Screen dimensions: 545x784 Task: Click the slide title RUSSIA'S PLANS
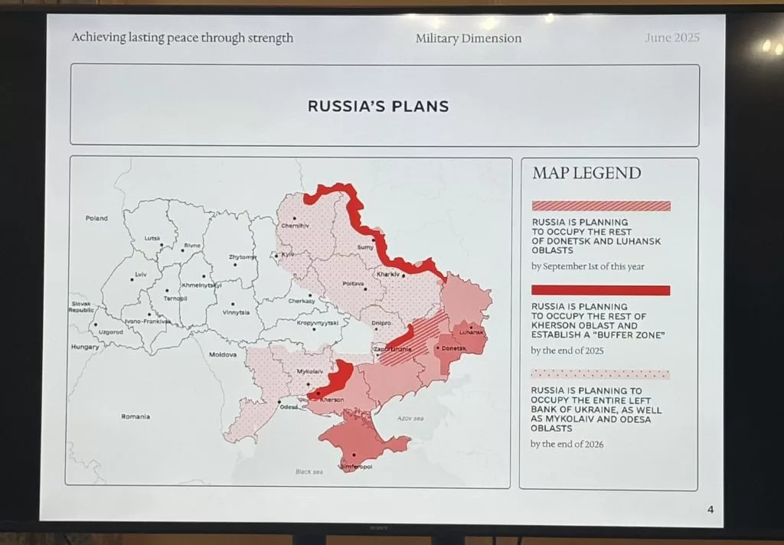378,106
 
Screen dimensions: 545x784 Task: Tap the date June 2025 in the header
671,38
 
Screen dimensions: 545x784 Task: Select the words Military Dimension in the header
469,38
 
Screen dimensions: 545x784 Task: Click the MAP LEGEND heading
586,173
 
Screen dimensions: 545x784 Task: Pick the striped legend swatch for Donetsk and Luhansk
601,206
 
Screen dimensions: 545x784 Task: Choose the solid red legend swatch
601,290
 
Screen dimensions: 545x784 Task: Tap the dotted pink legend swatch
601,374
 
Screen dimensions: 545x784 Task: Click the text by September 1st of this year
588,266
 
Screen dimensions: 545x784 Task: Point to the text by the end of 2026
567,444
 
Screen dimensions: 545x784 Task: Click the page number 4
710,511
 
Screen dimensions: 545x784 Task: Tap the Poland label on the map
96,218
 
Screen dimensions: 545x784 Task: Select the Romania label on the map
136,416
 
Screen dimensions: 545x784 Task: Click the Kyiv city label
288,254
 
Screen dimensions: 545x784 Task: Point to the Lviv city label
140,273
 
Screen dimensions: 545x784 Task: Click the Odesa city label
289,406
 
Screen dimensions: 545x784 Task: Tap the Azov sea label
410,418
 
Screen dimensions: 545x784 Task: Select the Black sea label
309,472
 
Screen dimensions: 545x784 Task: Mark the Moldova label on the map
223,354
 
